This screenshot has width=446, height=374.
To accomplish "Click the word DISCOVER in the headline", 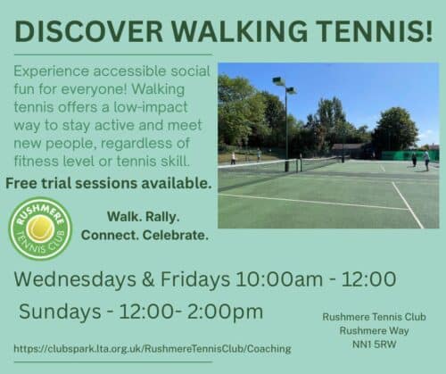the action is (x=89, y=31).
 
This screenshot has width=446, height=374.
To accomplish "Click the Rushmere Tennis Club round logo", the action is (x=41, y=229).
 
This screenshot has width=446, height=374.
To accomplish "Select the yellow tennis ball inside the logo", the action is (x=40, y=229).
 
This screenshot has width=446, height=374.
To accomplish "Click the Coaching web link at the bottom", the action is (x=153, y=348).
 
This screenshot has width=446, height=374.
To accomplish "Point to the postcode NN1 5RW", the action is (x=375, y=345).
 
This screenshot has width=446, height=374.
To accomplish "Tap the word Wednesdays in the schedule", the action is (x=75, y=279).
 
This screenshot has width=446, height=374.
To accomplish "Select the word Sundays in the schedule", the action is (x=60, y=312).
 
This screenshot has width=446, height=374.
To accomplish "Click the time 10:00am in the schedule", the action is (x=279, y=279).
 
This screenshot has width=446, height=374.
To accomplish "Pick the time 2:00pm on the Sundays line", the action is (x=225, y=312).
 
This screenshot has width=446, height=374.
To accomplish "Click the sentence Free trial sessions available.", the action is (x=109, y=183).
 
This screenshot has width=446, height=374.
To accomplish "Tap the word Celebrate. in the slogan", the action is (x=175, y=235).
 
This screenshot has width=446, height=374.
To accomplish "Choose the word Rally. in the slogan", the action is (x=161, y=217).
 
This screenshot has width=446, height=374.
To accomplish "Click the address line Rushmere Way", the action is (x=375, y=330).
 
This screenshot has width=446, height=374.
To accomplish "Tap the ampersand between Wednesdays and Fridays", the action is (x=148, y=279).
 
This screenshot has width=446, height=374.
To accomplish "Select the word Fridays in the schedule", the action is (x=195, y=279).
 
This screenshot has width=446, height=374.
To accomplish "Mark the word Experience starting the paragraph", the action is (x=52, y=72).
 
